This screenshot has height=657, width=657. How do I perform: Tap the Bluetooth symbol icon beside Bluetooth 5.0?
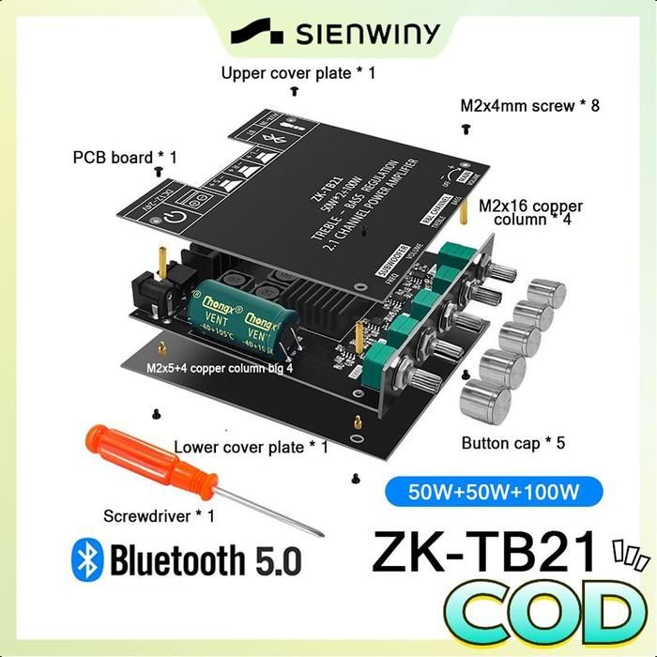tap(87, 559)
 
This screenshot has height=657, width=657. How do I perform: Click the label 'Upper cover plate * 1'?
tap(298, 72)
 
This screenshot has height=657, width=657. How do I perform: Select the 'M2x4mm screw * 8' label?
tap(529, 105)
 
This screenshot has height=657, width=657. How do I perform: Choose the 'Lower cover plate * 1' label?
tap(251, 448)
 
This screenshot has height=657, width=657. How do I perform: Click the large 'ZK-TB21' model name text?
tap(484, 553)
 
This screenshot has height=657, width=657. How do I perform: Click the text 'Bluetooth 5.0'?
tap(206, 560)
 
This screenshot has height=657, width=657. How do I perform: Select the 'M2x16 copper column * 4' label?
tap(530, 213)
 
